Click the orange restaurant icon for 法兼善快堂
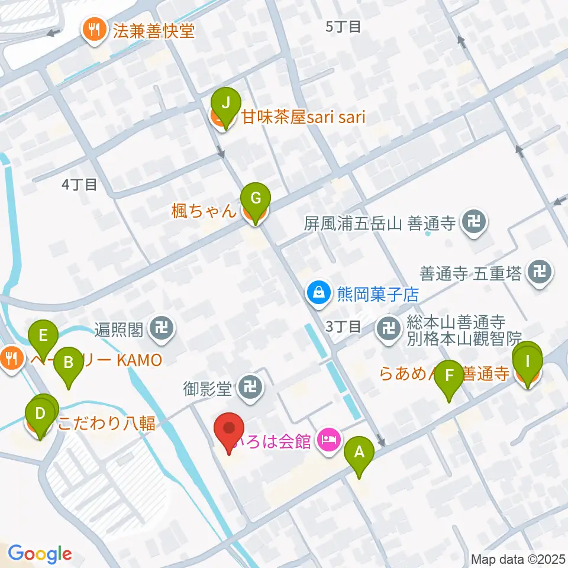point(93,27)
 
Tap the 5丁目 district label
point(343,26)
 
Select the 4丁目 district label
point(79,185)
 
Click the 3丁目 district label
point(343,326)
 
